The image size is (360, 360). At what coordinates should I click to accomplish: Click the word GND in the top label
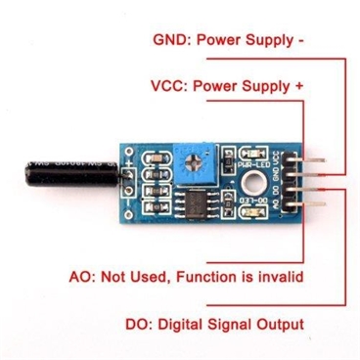(x=171, y=42)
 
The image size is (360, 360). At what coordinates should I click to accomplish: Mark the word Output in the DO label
(x=281, y=324)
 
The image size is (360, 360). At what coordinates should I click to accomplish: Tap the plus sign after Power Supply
(x=298, y=86)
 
